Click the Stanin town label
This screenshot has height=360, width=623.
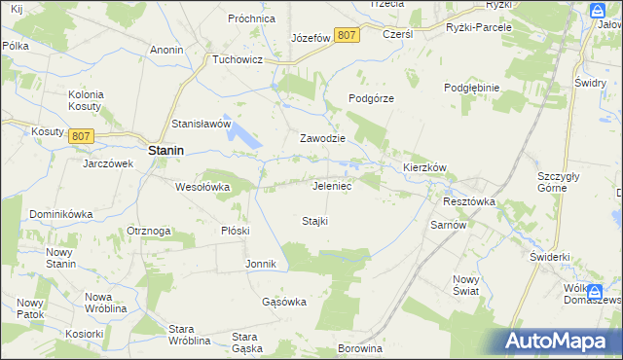(x=167, y=151)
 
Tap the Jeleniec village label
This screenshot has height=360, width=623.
(x=331, y=185)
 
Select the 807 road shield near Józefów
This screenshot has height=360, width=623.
(x=347, y=35)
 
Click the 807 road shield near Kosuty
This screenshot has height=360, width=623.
(x=81, y=136)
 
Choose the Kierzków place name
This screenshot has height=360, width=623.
(x=424, y=167)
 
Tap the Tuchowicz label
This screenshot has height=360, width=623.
(x=240, y=59)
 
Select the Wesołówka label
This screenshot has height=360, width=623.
(x=202, y=187)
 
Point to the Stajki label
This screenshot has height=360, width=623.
(x=314, y=221)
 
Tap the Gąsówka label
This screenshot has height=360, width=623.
(x=284, y=302)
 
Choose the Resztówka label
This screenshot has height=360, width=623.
(x=469, y=201)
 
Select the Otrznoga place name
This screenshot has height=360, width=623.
(x=149, y=231)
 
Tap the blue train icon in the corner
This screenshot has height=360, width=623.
(x=597, y=11)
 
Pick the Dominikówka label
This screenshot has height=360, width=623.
(x=59, y=213)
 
